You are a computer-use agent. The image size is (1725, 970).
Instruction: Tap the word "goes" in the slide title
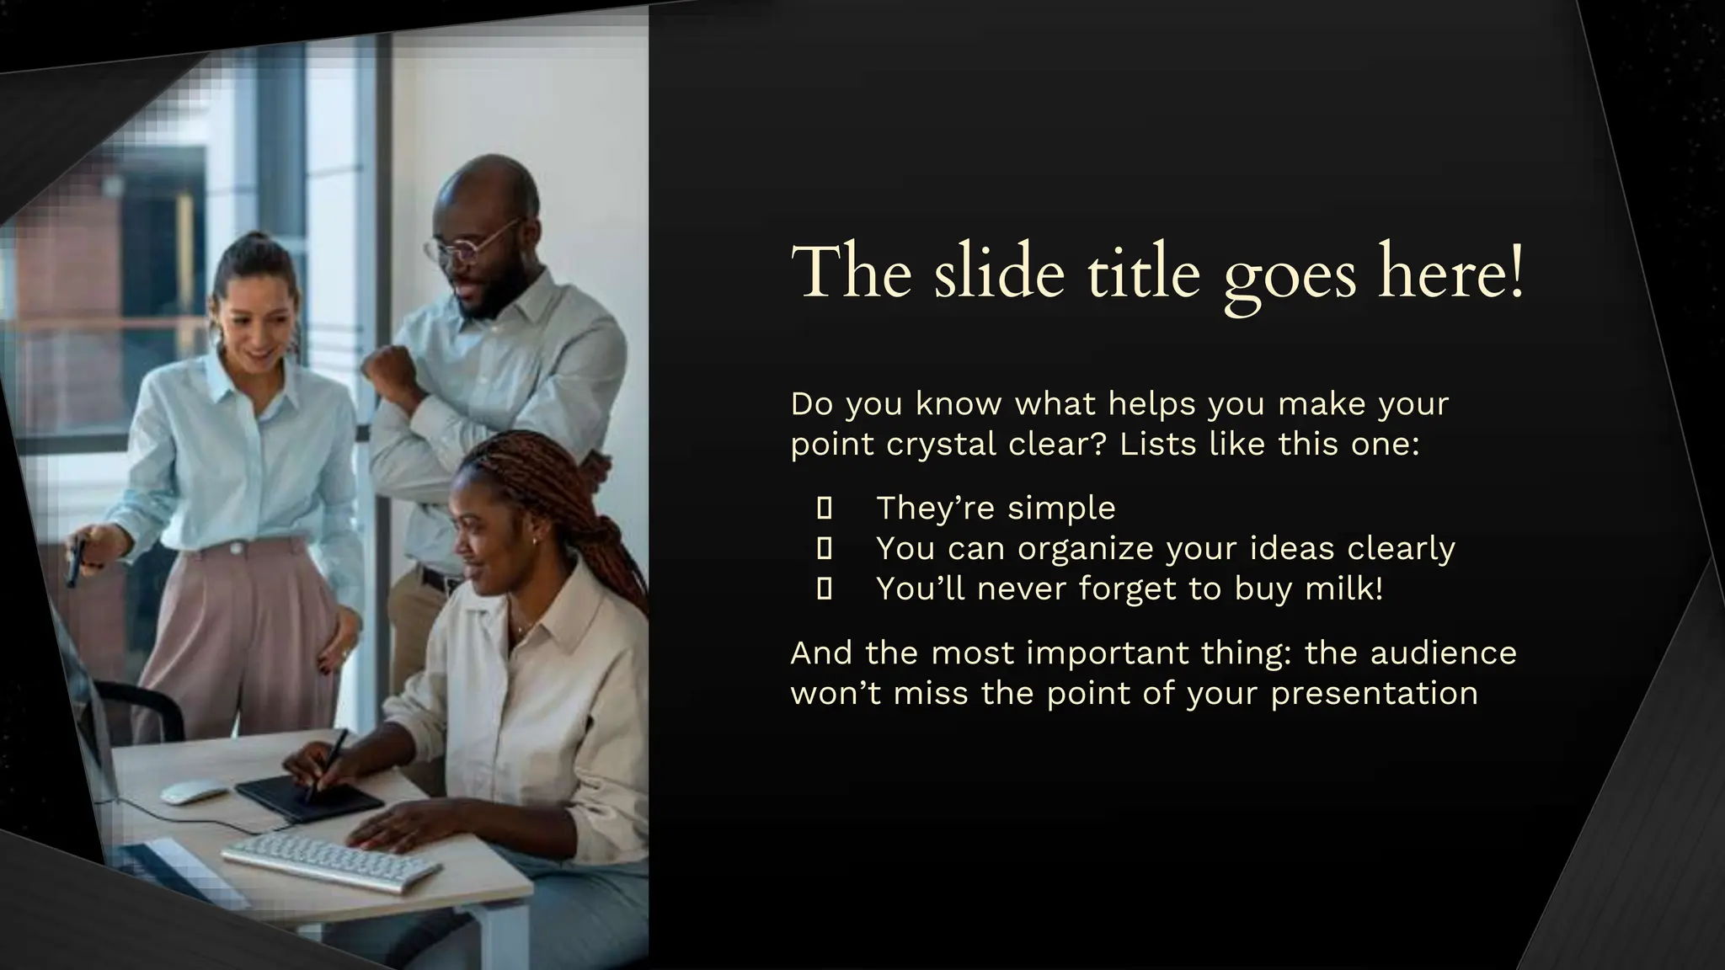pyautogui.click(x=1290, y=274)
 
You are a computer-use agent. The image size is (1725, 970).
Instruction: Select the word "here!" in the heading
pyautogui.click(x=1450, y=272)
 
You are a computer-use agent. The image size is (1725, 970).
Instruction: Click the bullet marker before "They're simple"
pyautogui.click(x=825, y=508)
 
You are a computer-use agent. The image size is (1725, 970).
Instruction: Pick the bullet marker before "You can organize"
pyautogui.click(x=825, y=548)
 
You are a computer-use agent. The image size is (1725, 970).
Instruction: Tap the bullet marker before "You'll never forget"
pyautogui.click(x=825, y=589)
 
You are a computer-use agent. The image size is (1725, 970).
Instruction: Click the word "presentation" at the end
pyautogui.click(x=1374, y=693)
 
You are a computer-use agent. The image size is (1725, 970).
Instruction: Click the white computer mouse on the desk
pyautogui.click(x=194, y=791)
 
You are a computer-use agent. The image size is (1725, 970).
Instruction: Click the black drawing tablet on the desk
pyautogui.click(x=307, y=796)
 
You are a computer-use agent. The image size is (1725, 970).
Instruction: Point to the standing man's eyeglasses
pyautogui.click(x=472, y=242)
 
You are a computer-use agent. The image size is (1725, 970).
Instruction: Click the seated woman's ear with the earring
pyautogui.click(x=531, y=536)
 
